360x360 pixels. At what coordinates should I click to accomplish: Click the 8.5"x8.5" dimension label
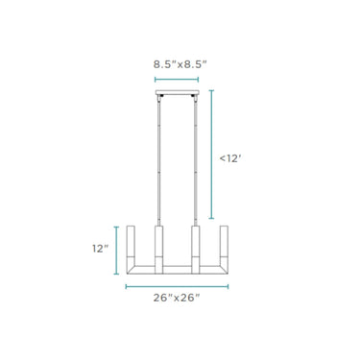tap(180, 64)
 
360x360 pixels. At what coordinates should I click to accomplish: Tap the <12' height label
tap(229, 158)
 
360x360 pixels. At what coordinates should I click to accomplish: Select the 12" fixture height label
tap(101, 249)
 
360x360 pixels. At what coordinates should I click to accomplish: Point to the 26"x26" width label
tap(177, 298)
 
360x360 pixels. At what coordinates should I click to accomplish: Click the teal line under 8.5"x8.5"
tap(177, 80)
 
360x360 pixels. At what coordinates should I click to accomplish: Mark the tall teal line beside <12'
tap(211, 155)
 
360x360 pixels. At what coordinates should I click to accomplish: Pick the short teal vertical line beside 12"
tap(116, 251)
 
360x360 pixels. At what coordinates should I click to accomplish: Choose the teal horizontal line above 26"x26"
tap(177, 286)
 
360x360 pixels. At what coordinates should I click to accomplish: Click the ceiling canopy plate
tap(178, 92)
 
